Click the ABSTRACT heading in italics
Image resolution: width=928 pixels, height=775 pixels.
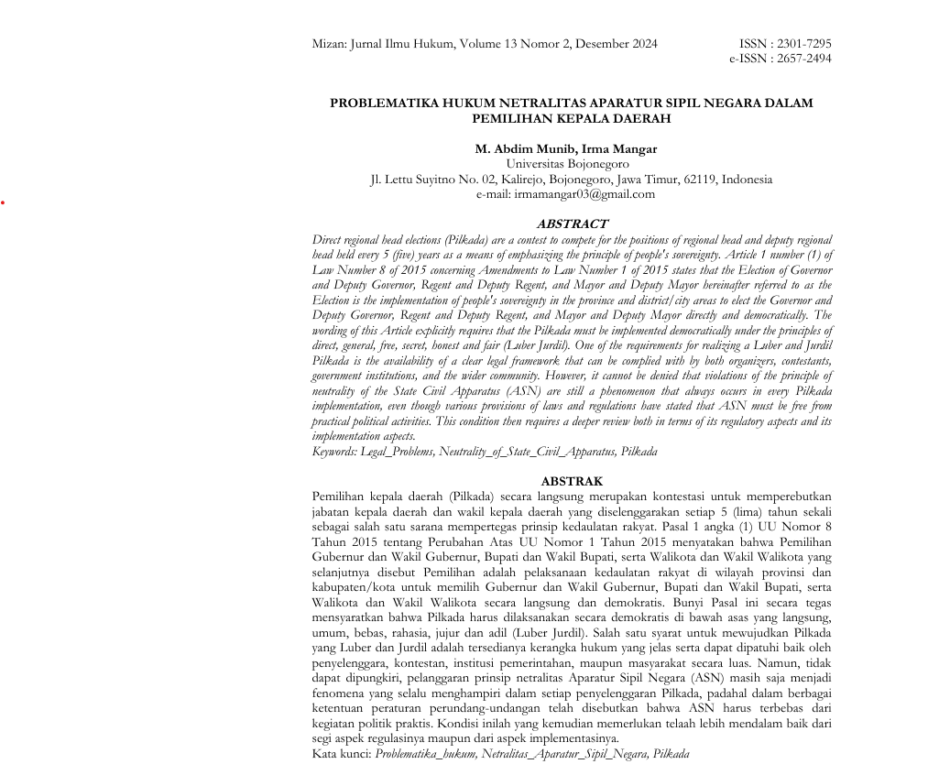(x=572, y=224)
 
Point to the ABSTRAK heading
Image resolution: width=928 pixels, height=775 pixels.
(x=572, y=481)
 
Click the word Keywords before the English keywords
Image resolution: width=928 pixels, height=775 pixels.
(x=334, y=452)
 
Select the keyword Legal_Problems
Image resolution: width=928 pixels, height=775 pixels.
(x=397, y=452)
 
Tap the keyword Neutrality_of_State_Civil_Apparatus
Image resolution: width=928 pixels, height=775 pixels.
(x=526, y=452)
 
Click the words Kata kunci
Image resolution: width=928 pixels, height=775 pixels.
(x=341, y=754)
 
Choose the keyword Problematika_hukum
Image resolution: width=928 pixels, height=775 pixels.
(x=425, y=754)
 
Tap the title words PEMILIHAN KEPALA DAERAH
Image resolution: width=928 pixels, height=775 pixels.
(x=571, y=119)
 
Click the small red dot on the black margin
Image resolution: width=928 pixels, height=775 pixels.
(x=4, y=202)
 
